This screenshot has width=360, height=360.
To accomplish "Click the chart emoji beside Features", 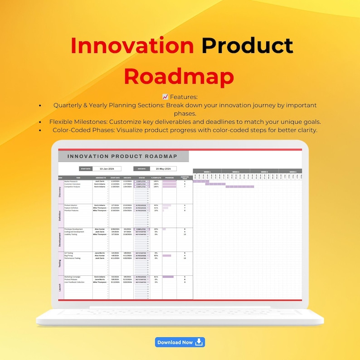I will [165, 97].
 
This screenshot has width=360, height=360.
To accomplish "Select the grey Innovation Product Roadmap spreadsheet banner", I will [123, 156].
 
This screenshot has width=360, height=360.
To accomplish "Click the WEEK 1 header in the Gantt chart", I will [207, 172].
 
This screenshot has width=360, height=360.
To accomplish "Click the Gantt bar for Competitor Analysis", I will [240, 187].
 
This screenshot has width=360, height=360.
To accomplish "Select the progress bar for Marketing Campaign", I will [168, 277].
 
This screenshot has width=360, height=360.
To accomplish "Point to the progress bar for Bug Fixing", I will [167, 255].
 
